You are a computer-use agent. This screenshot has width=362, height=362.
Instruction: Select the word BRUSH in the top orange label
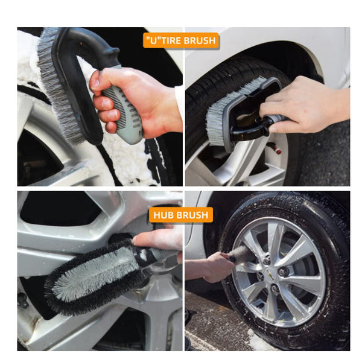[202, 41]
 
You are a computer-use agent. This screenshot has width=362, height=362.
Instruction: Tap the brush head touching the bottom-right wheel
[244, 255]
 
